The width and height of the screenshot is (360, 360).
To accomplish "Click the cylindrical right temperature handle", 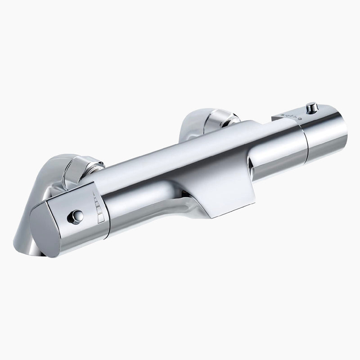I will [326, 130].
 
